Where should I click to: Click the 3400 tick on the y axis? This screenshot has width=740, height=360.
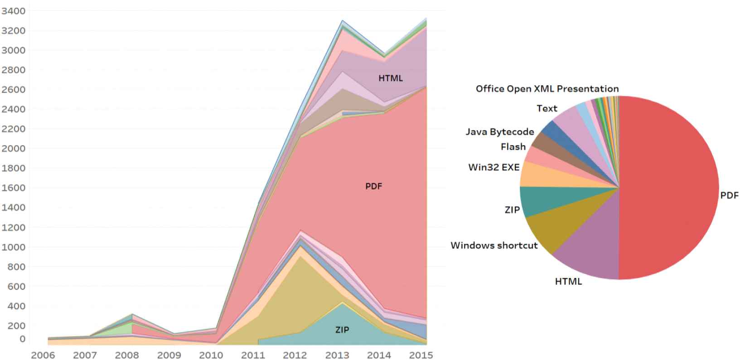coord(14,10)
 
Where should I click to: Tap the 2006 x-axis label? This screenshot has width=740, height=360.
coord(43,355)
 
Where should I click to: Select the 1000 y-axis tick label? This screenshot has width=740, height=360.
coord(14,247)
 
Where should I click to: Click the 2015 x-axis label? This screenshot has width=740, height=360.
coord(421,355)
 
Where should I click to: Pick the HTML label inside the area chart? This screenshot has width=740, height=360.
coord(391,78)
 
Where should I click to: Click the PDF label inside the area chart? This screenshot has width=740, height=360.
coord(374,186)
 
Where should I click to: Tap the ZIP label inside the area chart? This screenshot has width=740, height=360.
coord(342,330)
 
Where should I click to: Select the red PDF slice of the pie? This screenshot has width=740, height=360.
coord(671,186)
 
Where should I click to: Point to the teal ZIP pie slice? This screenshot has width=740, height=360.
coord(535,199)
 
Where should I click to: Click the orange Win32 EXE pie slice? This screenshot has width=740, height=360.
coord(535,175)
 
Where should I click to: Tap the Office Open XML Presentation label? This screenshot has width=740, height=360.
coord(547,89)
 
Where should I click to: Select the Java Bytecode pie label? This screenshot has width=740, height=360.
coord(500,132)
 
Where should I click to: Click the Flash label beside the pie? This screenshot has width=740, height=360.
coord(513,147)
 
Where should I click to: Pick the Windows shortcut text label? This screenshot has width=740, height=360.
coord(494,246)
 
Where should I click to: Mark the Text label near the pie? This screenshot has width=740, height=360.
coord(547,108)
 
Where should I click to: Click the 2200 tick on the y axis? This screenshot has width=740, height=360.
coord(14,129)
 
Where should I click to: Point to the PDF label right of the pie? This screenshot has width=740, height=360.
coord(730,195)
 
